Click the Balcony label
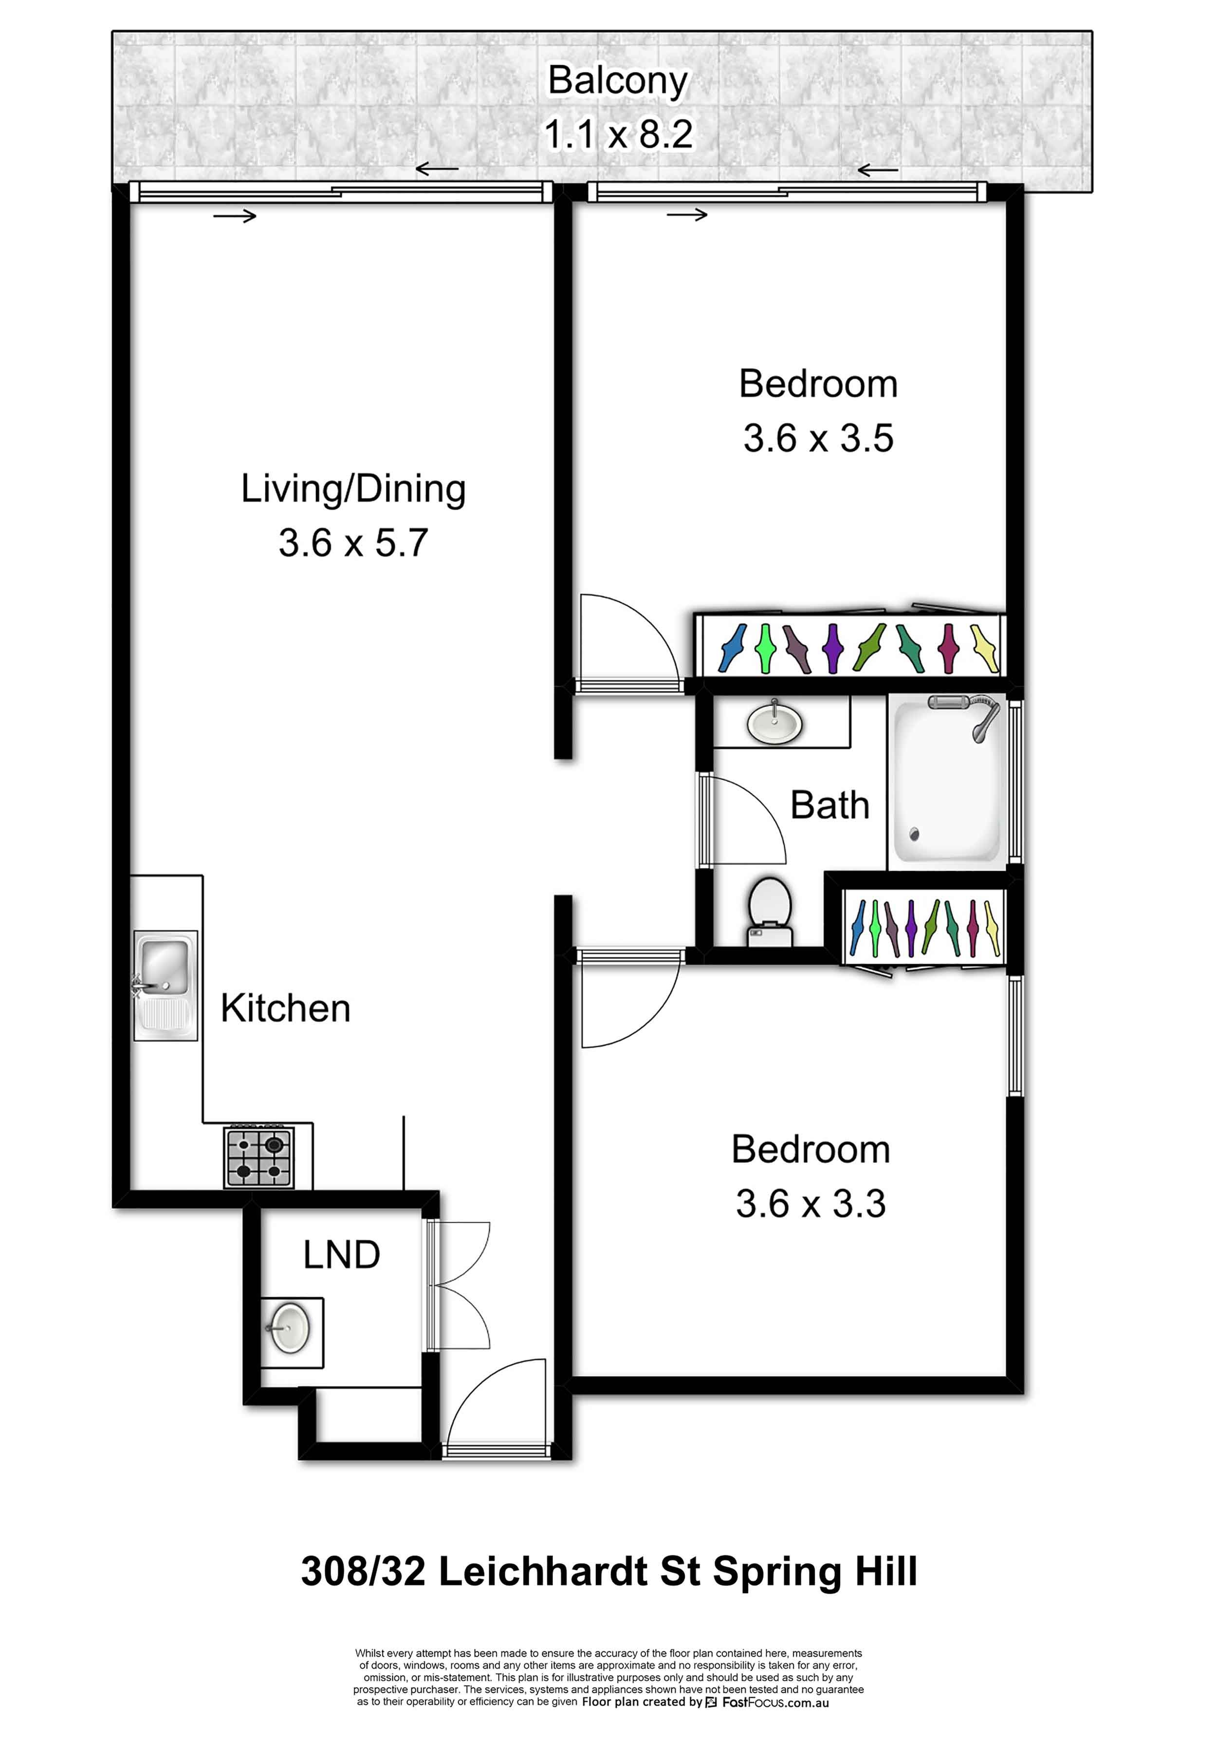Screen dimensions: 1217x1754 (618, 81)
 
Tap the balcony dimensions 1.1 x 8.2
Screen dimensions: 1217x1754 (618, 134)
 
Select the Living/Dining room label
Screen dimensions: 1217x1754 (353, 489)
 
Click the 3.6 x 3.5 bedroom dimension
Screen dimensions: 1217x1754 (818, 438)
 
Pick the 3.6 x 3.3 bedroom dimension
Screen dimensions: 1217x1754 (811, 1203)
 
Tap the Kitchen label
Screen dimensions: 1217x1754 (286, 1008)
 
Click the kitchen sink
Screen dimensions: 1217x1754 (166, 985)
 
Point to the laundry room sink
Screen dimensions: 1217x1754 (290, 1328)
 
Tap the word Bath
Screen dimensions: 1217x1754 (830, 805)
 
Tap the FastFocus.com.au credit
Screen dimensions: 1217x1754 (775, 1702)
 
